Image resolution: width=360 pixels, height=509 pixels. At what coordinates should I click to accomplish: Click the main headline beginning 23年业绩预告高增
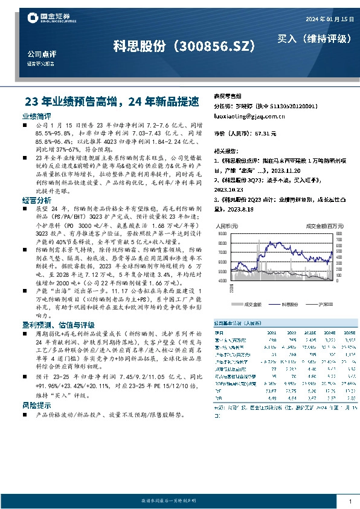coord(115,102)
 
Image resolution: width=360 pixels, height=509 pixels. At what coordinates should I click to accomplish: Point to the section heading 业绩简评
coord(37,115)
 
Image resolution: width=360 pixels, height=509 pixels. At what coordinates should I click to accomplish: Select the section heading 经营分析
coord(37,199)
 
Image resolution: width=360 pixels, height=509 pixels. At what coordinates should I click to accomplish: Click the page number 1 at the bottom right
coord(350,501)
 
